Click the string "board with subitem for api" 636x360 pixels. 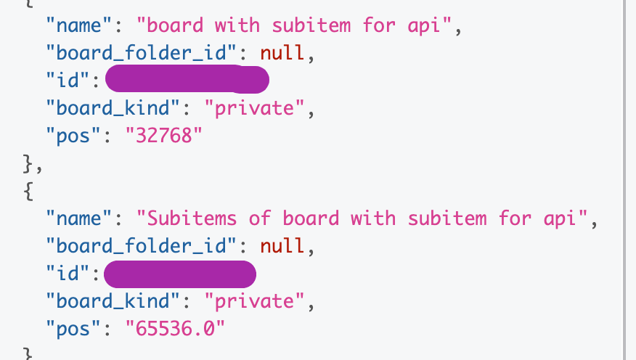[299, 26]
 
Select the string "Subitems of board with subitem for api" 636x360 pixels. [361, 219]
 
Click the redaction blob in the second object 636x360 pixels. [179, 274]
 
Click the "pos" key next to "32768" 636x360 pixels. [71, 136]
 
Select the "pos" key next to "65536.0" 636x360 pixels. [71, 330]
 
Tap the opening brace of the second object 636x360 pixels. [28, 192]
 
